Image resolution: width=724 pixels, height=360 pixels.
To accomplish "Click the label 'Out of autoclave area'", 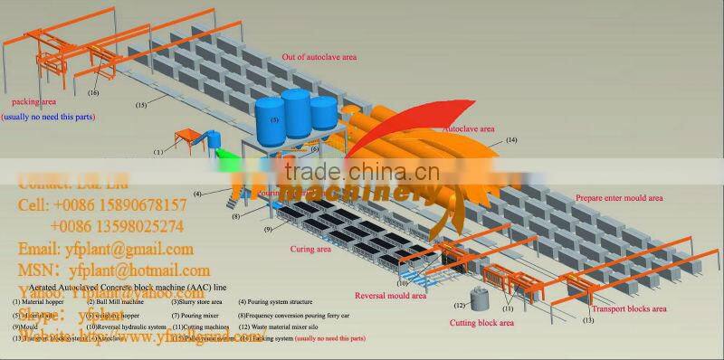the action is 319,57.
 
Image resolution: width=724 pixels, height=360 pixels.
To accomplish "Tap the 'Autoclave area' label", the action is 473,129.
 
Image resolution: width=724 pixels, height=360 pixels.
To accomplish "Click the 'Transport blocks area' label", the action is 633,309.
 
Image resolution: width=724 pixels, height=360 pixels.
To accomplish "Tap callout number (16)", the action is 93,93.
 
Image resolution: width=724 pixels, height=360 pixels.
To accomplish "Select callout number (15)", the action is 141,106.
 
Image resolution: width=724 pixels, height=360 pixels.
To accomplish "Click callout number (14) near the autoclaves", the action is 511,140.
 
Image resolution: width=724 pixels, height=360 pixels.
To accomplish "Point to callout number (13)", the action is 588,320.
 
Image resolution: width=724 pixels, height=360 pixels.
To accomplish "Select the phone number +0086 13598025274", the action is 117,226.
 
